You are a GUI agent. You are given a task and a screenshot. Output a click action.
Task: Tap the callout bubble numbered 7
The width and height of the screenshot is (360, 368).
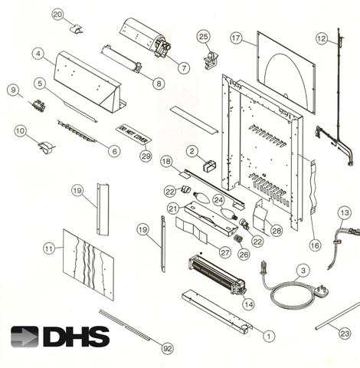(x=184, y=68)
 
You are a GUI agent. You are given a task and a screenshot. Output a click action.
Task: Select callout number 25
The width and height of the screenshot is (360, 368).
(x=203, y=36)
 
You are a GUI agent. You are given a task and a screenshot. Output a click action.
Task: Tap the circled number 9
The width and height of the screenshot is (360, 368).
(x=12, y=90)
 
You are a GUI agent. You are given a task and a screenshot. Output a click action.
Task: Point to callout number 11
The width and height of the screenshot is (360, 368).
(x=50, y=248)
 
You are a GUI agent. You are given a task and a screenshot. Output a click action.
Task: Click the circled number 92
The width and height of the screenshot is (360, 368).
(x=168, y=346)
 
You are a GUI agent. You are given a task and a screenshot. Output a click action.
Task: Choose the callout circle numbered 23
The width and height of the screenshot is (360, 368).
(x=345, y=333)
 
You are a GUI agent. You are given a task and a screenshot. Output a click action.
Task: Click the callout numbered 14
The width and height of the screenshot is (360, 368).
(x=247, y=304)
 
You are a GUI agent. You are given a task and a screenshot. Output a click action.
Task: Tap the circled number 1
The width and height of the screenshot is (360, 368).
(x=269, y=335)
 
